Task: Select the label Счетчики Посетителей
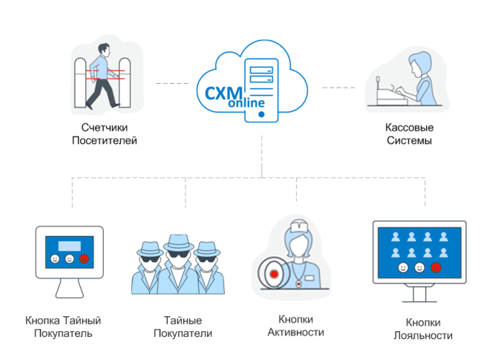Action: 105,134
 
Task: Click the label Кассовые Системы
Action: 410,134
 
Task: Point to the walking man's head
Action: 105,50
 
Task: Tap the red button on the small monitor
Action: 84,259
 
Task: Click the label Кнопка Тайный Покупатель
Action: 63,327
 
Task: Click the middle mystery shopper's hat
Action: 177,243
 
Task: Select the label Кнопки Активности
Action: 295,326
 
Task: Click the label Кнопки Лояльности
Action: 423,329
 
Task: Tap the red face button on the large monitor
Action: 436,267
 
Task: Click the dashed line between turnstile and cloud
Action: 172,84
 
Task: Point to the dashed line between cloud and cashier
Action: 338,88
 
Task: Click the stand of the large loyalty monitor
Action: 419,294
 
